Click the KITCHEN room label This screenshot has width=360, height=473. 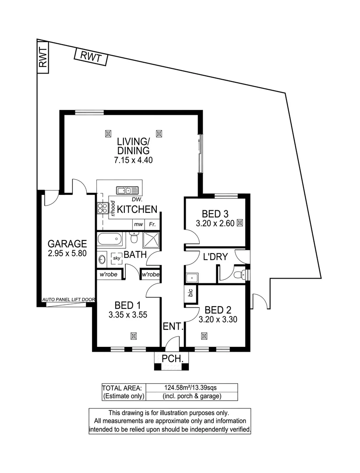click(137, 209)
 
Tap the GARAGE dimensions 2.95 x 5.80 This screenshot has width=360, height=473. click(67, 253)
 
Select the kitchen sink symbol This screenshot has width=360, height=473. click(127, 190)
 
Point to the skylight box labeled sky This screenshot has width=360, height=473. click(116, 258)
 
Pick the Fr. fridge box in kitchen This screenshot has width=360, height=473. click(153, 224)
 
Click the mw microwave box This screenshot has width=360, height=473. click(139, 224)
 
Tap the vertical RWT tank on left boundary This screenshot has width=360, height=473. click(42, 57)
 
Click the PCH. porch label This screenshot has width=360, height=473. click(171, 359)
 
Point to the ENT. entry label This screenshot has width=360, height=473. click(173, 326)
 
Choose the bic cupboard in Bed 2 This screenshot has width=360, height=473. click(191, 293)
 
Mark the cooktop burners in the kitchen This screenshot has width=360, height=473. click(102, 208)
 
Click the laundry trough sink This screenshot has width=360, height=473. click(191, 278)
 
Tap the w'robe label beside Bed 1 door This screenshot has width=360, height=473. click(150, 275)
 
